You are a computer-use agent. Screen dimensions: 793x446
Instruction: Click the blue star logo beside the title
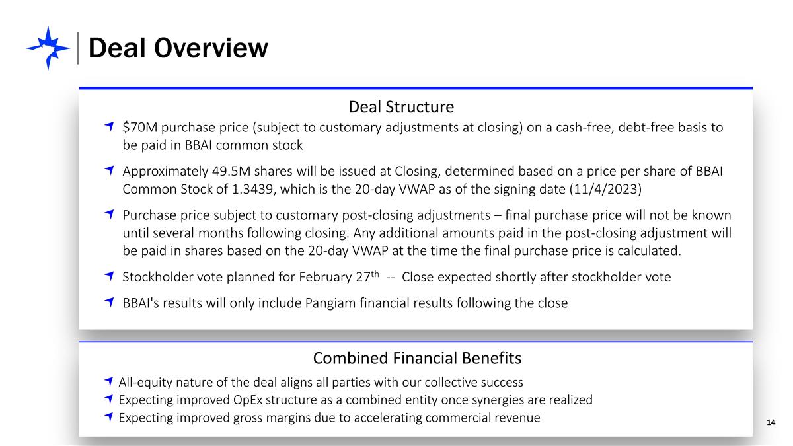48,48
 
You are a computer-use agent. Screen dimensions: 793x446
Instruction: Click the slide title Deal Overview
178,48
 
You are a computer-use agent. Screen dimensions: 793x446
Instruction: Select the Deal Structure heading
401,107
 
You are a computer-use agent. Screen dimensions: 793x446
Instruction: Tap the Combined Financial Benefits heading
417,358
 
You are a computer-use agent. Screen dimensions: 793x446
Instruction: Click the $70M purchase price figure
140,127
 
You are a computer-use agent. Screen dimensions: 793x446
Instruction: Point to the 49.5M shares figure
231,171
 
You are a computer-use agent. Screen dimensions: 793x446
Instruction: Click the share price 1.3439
252,189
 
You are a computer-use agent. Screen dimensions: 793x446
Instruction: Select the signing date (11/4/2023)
605,189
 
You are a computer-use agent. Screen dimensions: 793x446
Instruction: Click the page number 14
771,422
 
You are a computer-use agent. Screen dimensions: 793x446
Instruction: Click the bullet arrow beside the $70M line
109,126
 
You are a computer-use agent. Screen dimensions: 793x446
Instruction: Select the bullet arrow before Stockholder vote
109,276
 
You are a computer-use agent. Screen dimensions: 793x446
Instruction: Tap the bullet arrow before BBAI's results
109,302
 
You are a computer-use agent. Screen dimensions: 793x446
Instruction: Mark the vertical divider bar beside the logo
77,48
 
